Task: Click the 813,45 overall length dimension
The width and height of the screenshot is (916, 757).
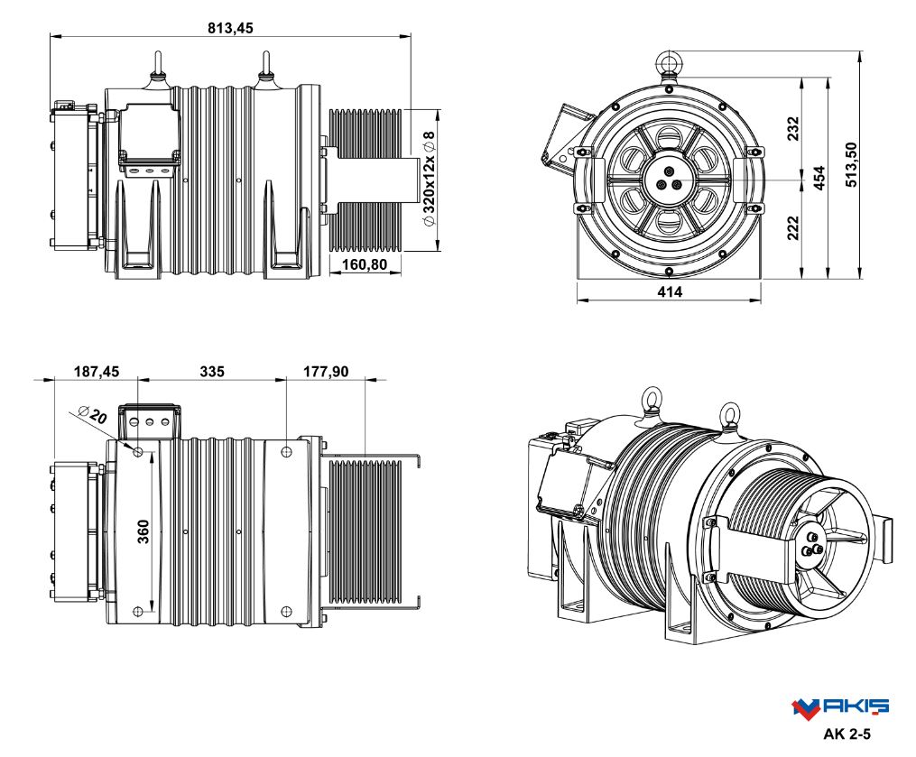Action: click(231, 28)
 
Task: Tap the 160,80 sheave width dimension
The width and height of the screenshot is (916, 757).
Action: click(365, 264)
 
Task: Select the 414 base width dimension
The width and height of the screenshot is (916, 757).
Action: click(670, 292)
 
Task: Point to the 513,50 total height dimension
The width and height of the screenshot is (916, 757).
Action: click(851, 165)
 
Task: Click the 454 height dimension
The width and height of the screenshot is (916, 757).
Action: click(819, 178)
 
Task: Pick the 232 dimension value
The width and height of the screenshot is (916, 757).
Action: click(792, 128)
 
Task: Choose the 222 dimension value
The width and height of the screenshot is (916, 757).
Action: click(792, 227)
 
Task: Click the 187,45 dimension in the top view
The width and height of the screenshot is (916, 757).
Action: click(97, 372)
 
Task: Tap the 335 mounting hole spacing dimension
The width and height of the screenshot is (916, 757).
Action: click(212, 372)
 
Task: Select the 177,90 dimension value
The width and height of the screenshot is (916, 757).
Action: click(326, 372)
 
